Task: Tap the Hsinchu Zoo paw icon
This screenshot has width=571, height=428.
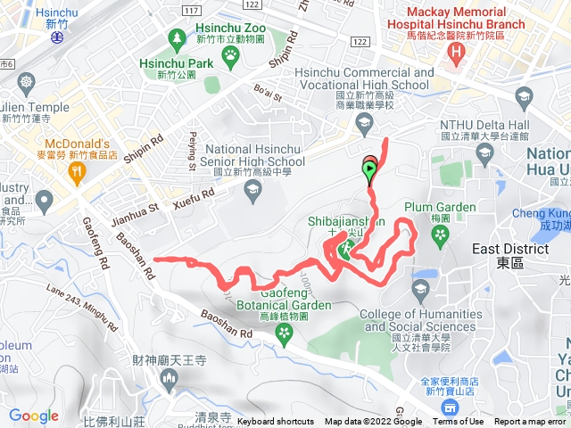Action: point(231,53)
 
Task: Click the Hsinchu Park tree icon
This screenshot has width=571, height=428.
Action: point(177,40)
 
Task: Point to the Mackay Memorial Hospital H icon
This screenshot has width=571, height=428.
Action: point(457,54)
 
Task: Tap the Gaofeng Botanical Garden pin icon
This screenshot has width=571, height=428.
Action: point(285,333)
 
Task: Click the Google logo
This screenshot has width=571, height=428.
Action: point(33,416)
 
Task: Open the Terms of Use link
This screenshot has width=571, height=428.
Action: point(458,422)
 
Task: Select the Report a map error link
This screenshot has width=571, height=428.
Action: point(529,422)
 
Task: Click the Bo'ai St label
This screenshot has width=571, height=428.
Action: point(268,91)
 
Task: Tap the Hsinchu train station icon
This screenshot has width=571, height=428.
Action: point(57,38)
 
